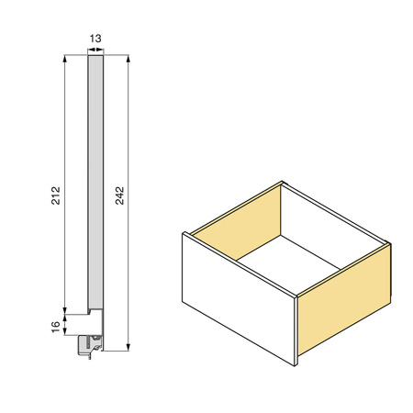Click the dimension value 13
pyautogui.click(x=95, y=39)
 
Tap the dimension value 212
pyautogui.click(x=56, y=195)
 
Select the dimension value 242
pyautogui.click(x=119, y=195)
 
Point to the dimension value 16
pyautogui.click(x=56, y=327)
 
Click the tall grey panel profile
pyautogui.click(x=95, y=182)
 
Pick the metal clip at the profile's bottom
pyautogui.click(x=90, y=346)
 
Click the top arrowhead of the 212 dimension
pyautogui.click(x=64, y=59)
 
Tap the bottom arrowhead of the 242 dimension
pyautogui.click(x=128, y=347)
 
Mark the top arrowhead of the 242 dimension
pyautogui.click(x=128, y=59)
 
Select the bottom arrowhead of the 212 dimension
pyautogui.click(x=64, y=310)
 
